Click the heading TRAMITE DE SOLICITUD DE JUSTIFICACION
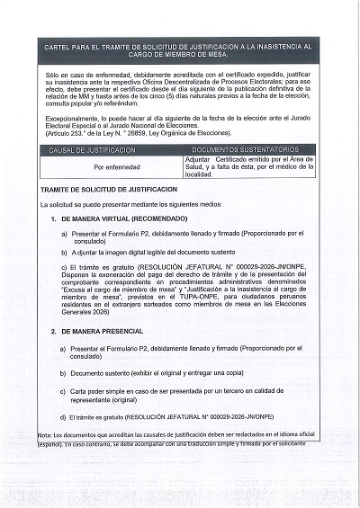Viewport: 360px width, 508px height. pos(109,190)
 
